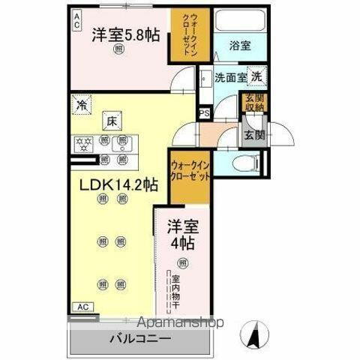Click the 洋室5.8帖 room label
point(124,34)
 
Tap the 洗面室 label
point(230,76)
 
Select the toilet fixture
point(246,160)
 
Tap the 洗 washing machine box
point(256,76)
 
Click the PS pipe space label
point(204,114)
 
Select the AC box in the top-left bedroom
point(78,22)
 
